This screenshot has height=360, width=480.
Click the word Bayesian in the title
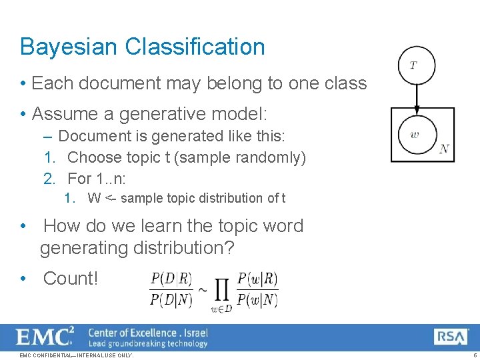coord(69,47)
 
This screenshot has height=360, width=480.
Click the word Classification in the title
coord(195,47)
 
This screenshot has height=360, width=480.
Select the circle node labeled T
coord(417,65)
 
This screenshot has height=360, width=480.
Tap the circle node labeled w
coord(417,135)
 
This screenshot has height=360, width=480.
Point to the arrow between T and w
coord(417,100)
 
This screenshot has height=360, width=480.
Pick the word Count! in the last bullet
coord(70,279)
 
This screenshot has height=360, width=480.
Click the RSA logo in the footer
coord(451,337)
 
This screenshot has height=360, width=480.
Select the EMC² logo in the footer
coord(45,337)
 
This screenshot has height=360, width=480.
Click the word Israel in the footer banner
coord(195,333)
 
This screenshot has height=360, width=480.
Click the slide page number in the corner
coord(474,355)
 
